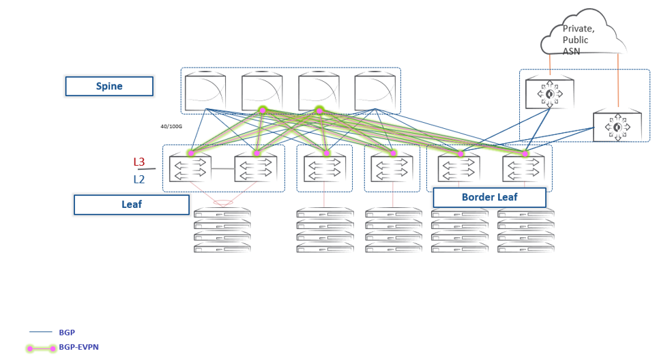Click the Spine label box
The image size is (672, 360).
pyautogui.click(x=109, y=87)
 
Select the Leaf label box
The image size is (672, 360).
pyautogui.click(x=131, y=205)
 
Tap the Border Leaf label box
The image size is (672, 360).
pyautogui.click(x=489, y=198)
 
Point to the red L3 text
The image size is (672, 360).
pyautogui.click(x=139, y=162)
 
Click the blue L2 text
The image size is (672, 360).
pyautogui.click(x=139, y=180)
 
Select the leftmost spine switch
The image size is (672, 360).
pyautogui.click(x=205, y=90)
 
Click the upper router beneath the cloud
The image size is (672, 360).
pyautogui.click(x=549, y=93)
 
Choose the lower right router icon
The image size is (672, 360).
pyautogui.click(x=617, y=127)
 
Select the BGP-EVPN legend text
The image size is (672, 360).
pyautogui.click(x=78, y=347)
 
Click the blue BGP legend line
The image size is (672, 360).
pyautogui.click(x=41, y=332)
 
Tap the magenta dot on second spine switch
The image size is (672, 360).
pyautogui.click(x=263, y=110)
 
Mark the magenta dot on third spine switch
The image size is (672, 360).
pyautogui.click(x=319, y=110)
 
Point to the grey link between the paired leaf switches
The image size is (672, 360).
pyautogui.click(x=223, y=169)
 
